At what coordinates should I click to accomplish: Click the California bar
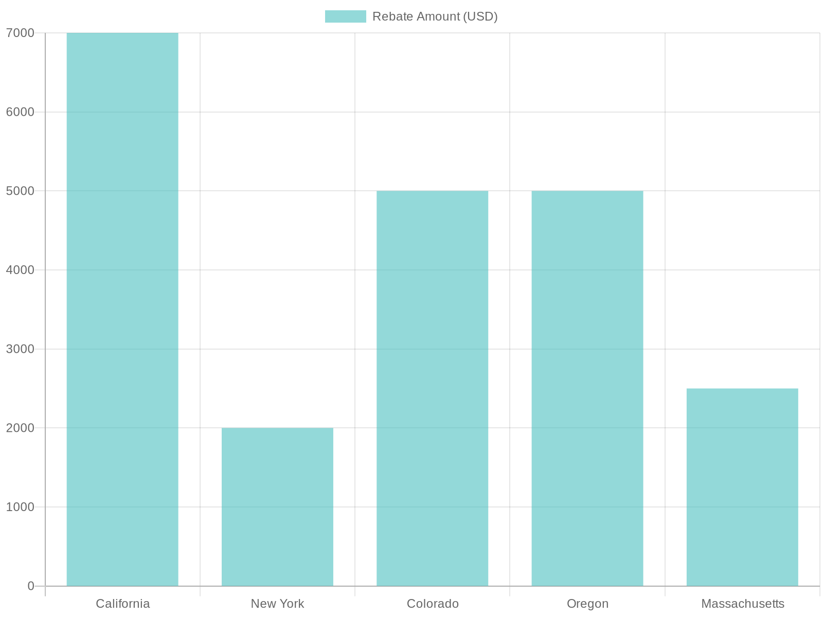pos(122,309)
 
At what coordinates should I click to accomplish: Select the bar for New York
pos(277,506)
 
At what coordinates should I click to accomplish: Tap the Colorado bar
pos(432,388)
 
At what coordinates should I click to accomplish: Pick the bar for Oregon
pos(587,388)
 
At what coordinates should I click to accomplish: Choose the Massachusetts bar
pos(742,487)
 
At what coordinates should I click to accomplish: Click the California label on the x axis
pos(122,604)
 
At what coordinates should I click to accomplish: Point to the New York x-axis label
pos(277,604)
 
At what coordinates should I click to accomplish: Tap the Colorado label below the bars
pos(432,604)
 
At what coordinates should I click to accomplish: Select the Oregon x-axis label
pos(587,604)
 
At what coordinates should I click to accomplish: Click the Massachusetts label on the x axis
pos(742,604)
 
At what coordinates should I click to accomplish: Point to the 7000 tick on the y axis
pos(20,33)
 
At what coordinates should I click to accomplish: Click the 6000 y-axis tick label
pos(20,112)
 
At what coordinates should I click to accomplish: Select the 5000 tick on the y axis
pos(20,191)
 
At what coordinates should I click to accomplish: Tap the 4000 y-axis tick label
pos(20,270)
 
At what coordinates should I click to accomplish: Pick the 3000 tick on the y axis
pos(20,349)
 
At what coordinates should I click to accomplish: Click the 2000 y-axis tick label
pos(20,428)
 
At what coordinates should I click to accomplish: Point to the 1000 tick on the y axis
pos(20,507)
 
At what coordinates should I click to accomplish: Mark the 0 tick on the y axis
pos(31,586)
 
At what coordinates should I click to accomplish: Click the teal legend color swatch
pos(345,16)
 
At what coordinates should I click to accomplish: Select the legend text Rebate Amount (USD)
pos(435,16)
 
